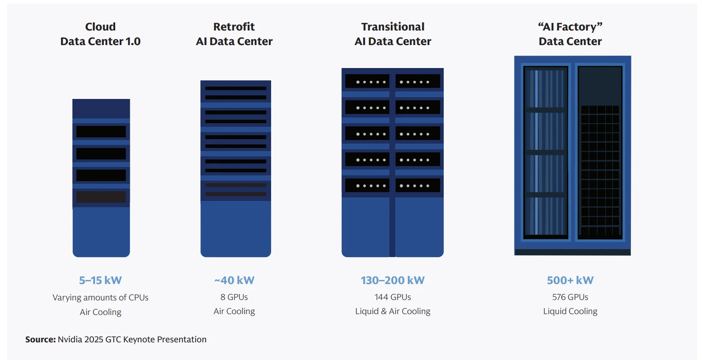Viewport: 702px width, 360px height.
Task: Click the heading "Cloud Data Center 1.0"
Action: [100, 34]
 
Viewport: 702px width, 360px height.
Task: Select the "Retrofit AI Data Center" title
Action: [234, 34]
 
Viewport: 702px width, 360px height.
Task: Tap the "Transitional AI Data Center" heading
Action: [393, 34]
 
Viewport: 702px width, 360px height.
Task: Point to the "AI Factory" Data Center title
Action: [570, 34]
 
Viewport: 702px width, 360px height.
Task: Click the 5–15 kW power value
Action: [100, 280]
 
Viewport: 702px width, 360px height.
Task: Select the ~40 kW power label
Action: [234, 280]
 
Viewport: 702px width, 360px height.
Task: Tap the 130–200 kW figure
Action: [393, 280]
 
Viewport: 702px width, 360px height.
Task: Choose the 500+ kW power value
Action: [570, 280]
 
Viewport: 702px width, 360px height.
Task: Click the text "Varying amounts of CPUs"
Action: [100, 298]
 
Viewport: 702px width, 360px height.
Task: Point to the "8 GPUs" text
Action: [234, 297]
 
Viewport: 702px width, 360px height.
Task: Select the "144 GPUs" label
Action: [393, 297]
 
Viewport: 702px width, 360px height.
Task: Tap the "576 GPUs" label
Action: [570, 297]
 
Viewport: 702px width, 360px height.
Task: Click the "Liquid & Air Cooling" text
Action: [393, 311]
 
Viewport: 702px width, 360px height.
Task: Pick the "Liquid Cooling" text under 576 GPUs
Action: [570, 311]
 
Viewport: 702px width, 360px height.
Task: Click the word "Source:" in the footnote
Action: [40, 340]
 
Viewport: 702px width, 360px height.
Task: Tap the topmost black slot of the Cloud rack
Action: [101, 132]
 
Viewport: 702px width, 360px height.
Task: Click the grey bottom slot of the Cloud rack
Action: [101, 197]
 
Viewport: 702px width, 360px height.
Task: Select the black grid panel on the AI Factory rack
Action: [600, 170]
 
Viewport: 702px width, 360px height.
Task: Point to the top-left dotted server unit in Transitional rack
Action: [367, 82]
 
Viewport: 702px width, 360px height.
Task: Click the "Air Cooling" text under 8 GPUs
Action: [234, 311]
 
